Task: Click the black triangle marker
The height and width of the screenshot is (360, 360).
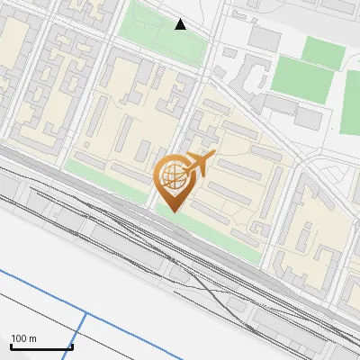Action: [181, 24]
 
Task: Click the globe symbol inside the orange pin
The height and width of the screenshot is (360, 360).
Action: [173, 175]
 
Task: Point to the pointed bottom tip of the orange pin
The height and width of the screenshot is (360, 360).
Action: [174, 211]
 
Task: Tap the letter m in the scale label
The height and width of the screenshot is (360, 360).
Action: [33, 338]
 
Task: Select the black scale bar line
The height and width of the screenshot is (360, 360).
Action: [41, 346]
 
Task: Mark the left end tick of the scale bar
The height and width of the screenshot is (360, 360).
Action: [12, 345]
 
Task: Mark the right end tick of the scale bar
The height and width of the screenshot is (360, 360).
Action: [72, 345]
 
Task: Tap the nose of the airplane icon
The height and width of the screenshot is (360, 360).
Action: [214, 157]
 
